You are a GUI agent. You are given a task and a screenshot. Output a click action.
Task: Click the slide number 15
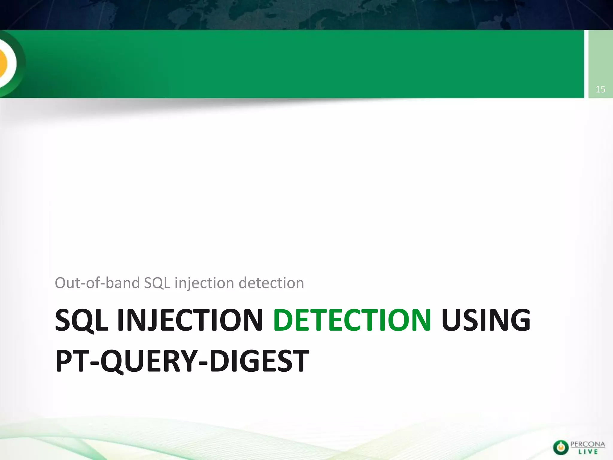pyautogui.click(x=600, y=89)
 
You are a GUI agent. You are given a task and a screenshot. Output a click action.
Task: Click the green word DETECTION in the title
pyautogui.click(x=352, y=320)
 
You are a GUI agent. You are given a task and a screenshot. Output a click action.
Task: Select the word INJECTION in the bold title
pyautogui.click(x=190, y=320)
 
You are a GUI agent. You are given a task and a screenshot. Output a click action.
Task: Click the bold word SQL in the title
pyautogui.click(x=81, y=320)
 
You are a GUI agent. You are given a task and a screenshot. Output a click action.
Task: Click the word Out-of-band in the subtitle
pyautogui.click(x=97, y=283)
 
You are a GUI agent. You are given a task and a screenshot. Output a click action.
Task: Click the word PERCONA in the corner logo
pyautogui.click(x=588, y=444)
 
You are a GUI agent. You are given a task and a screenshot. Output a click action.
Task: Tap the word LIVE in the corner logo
pyautogui.click(x=588, y=452)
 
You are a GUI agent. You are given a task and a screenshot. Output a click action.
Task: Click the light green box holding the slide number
pyautogui.click(x=600, y=64)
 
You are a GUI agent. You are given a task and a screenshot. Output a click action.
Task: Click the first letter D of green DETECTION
pyautogui.click(x=284, y=320)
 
